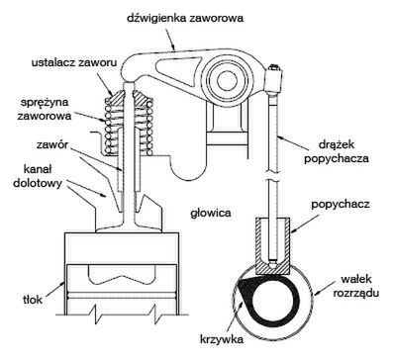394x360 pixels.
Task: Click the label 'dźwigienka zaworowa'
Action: click(185, 17)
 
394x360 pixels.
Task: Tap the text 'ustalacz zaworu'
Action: click(74, 62)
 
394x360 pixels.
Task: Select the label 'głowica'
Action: click(211, 213)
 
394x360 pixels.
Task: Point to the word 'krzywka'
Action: click(222, 339)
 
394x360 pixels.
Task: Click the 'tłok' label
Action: click(34, 300)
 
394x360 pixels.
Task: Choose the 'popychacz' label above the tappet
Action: click(341, 204)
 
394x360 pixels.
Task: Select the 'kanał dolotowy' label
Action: click(38, 176)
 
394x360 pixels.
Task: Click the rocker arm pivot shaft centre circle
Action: click(227, 80)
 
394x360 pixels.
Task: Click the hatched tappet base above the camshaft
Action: click(273, 267)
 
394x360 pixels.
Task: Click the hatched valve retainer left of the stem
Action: click(114, 97)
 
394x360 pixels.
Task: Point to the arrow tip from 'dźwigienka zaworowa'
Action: click(175, 50)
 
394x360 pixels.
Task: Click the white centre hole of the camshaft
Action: click(273, 300)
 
